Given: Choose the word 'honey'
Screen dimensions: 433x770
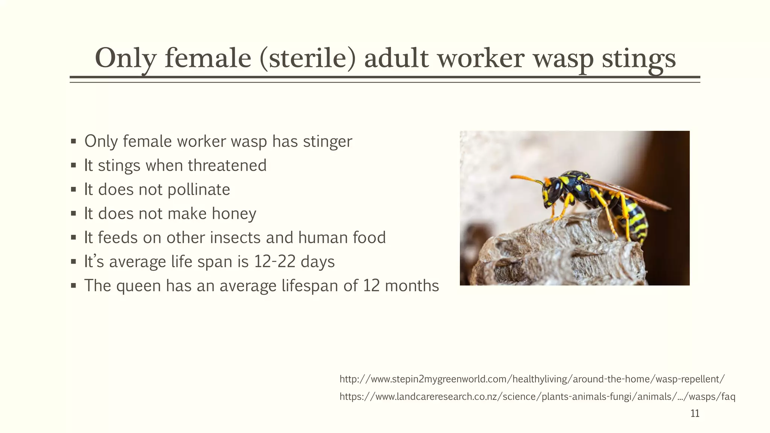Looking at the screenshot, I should pos(234,214).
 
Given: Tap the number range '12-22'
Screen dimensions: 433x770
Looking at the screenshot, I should pos(275,262).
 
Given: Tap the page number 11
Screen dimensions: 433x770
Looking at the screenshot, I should pos(695,414).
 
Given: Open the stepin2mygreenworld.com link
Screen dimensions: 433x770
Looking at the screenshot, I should pos(532,379).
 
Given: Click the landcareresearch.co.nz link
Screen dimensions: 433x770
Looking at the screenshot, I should pos(537,397).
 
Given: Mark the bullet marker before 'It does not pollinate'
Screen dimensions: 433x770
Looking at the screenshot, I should pos(73,190).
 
